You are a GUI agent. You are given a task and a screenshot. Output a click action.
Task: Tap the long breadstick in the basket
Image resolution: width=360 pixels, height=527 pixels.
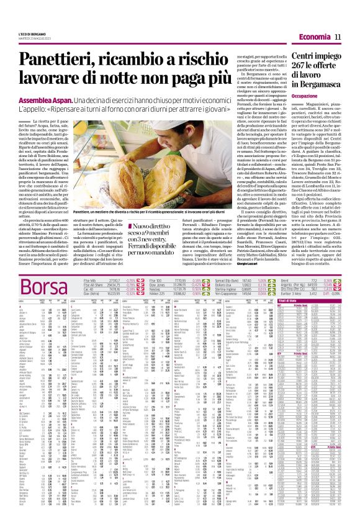click(124, 186)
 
